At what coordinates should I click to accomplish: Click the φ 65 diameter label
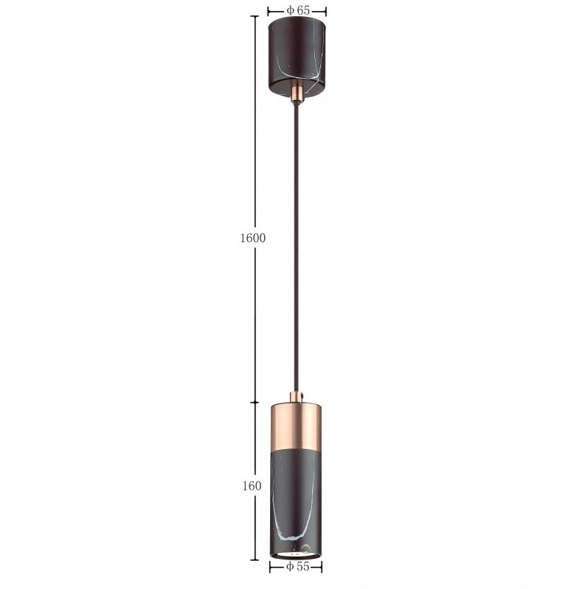tap(298, 10)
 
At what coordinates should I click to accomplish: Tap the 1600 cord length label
tap(252, 238)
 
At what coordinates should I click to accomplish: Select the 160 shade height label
tap(252, 486)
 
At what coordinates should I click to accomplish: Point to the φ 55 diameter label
tap(297, 566)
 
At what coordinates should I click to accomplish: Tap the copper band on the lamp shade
tap(296, 426)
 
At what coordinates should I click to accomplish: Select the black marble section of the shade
tap(296, 501)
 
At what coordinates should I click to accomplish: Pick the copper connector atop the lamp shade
tap(296, 398)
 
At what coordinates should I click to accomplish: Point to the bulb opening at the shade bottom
tap(296, 554)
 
